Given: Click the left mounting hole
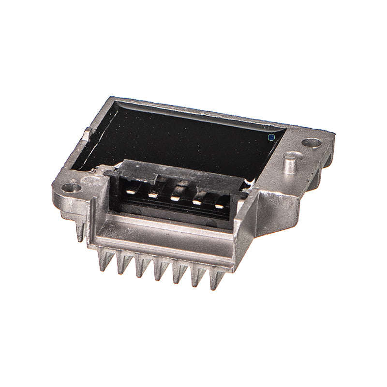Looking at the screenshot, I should click(x=71, y=187).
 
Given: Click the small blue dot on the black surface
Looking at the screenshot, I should click(x=271, y=137).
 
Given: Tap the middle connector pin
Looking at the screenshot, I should click(x=175, y=198).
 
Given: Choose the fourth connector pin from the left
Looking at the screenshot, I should click(x=197, y=202).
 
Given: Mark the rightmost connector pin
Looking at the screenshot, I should click(x=220, y=206).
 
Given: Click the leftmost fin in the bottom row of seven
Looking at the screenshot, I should click(x=103, y=261).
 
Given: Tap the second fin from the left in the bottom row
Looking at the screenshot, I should click(x=121, y=265).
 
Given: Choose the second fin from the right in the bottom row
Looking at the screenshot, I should click(x=197, y=277).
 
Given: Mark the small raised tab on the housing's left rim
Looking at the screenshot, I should click(x=87, y=132).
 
